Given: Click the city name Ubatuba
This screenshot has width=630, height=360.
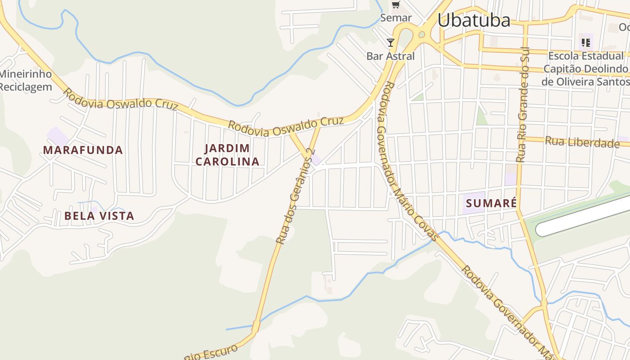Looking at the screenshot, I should coord(474,20).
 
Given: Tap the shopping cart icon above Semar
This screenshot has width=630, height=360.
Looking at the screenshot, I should coord(396,5).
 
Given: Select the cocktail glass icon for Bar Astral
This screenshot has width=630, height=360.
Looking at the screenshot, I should coord(390,43).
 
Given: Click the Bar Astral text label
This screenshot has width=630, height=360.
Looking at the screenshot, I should coord(390,56).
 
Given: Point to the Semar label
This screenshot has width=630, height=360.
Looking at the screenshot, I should coord(396,18).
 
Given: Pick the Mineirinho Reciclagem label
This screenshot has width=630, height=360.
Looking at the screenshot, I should coord(26,81).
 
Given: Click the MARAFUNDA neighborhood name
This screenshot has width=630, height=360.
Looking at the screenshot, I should coord(83,150).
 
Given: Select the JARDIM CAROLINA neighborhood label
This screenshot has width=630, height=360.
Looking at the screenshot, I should coord(227,155).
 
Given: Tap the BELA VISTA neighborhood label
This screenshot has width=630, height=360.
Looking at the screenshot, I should coord(99,216).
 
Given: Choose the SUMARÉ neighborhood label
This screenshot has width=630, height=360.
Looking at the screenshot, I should coord(491,203).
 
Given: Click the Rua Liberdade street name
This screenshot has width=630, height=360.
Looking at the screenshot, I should coord(582,142).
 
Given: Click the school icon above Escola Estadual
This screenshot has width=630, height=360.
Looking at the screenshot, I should coord(585,43).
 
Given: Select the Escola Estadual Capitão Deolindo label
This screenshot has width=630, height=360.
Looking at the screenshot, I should coord(585,69).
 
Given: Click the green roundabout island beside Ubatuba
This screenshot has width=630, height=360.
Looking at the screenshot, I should coord(422,34).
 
